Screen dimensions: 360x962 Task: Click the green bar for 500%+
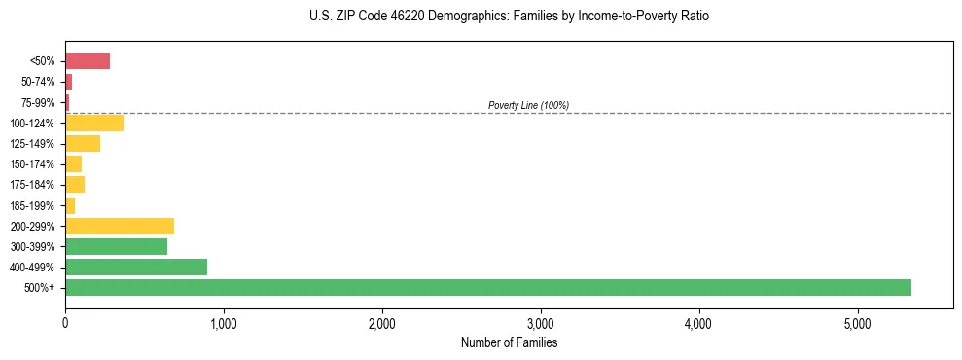coord(487,287)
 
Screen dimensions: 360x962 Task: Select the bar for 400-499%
coord(136,267)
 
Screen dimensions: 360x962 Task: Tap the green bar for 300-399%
coord(116,246)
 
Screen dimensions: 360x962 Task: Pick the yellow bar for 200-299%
coord(120,226)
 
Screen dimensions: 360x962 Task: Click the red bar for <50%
coord(88,61)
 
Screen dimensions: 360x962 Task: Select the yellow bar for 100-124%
coord(94,123)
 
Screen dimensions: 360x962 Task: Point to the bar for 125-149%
coord(83,143)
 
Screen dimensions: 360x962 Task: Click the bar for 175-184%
coord(75,184)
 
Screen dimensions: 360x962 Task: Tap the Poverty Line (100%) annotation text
coord(528,105)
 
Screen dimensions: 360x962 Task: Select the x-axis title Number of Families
coord(510,342)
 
